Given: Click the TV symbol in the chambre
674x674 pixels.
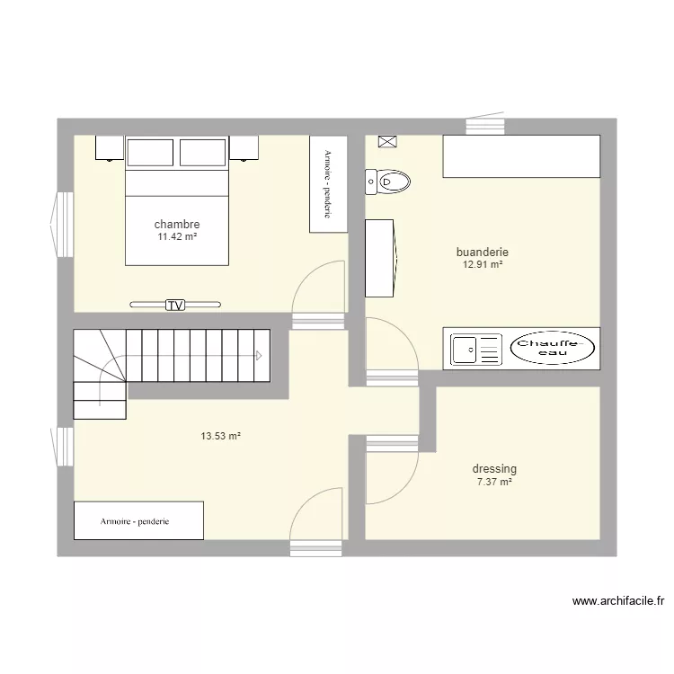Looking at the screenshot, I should (175, 306).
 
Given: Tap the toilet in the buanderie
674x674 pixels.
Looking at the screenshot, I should (386, 182).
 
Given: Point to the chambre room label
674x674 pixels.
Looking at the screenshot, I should (177, 224).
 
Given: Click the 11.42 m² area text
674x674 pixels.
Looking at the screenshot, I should (177, 236).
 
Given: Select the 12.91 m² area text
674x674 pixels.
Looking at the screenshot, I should (482, 265).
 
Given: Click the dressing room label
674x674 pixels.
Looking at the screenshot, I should (494, 469).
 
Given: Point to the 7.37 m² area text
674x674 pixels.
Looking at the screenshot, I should (494, 482).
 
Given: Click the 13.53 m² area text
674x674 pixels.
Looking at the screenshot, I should (220, 437).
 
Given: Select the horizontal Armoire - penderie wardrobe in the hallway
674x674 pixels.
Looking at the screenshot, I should (138, 521).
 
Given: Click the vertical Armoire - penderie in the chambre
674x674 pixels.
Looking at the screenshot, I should (328, 184).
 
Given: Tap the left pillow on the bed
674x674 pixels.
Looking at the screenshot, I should (151, 153).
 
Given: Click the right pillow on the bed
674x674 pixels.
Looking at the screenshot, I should (203, 153).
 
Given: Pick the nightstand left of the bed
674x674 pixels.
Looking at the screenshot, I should (109, 147).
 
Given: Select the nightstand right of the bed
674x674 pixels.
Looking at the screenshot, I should (244, 147).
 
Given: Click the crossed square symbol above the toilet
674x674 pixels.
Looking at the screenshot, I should (387, 141).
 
